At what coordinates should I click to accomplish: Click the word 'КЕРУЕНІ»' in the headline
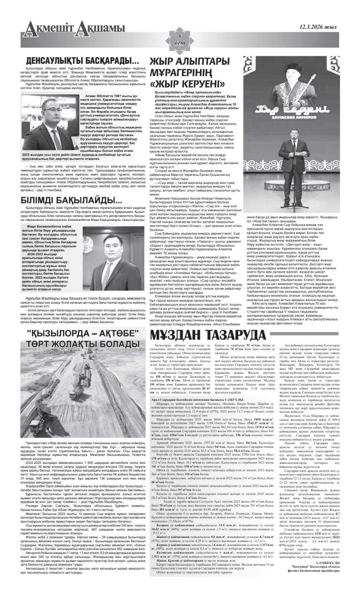coord(195,83)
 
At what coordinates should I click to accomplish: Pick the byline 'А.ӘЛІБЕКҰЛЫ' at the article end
coord(326,562)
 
